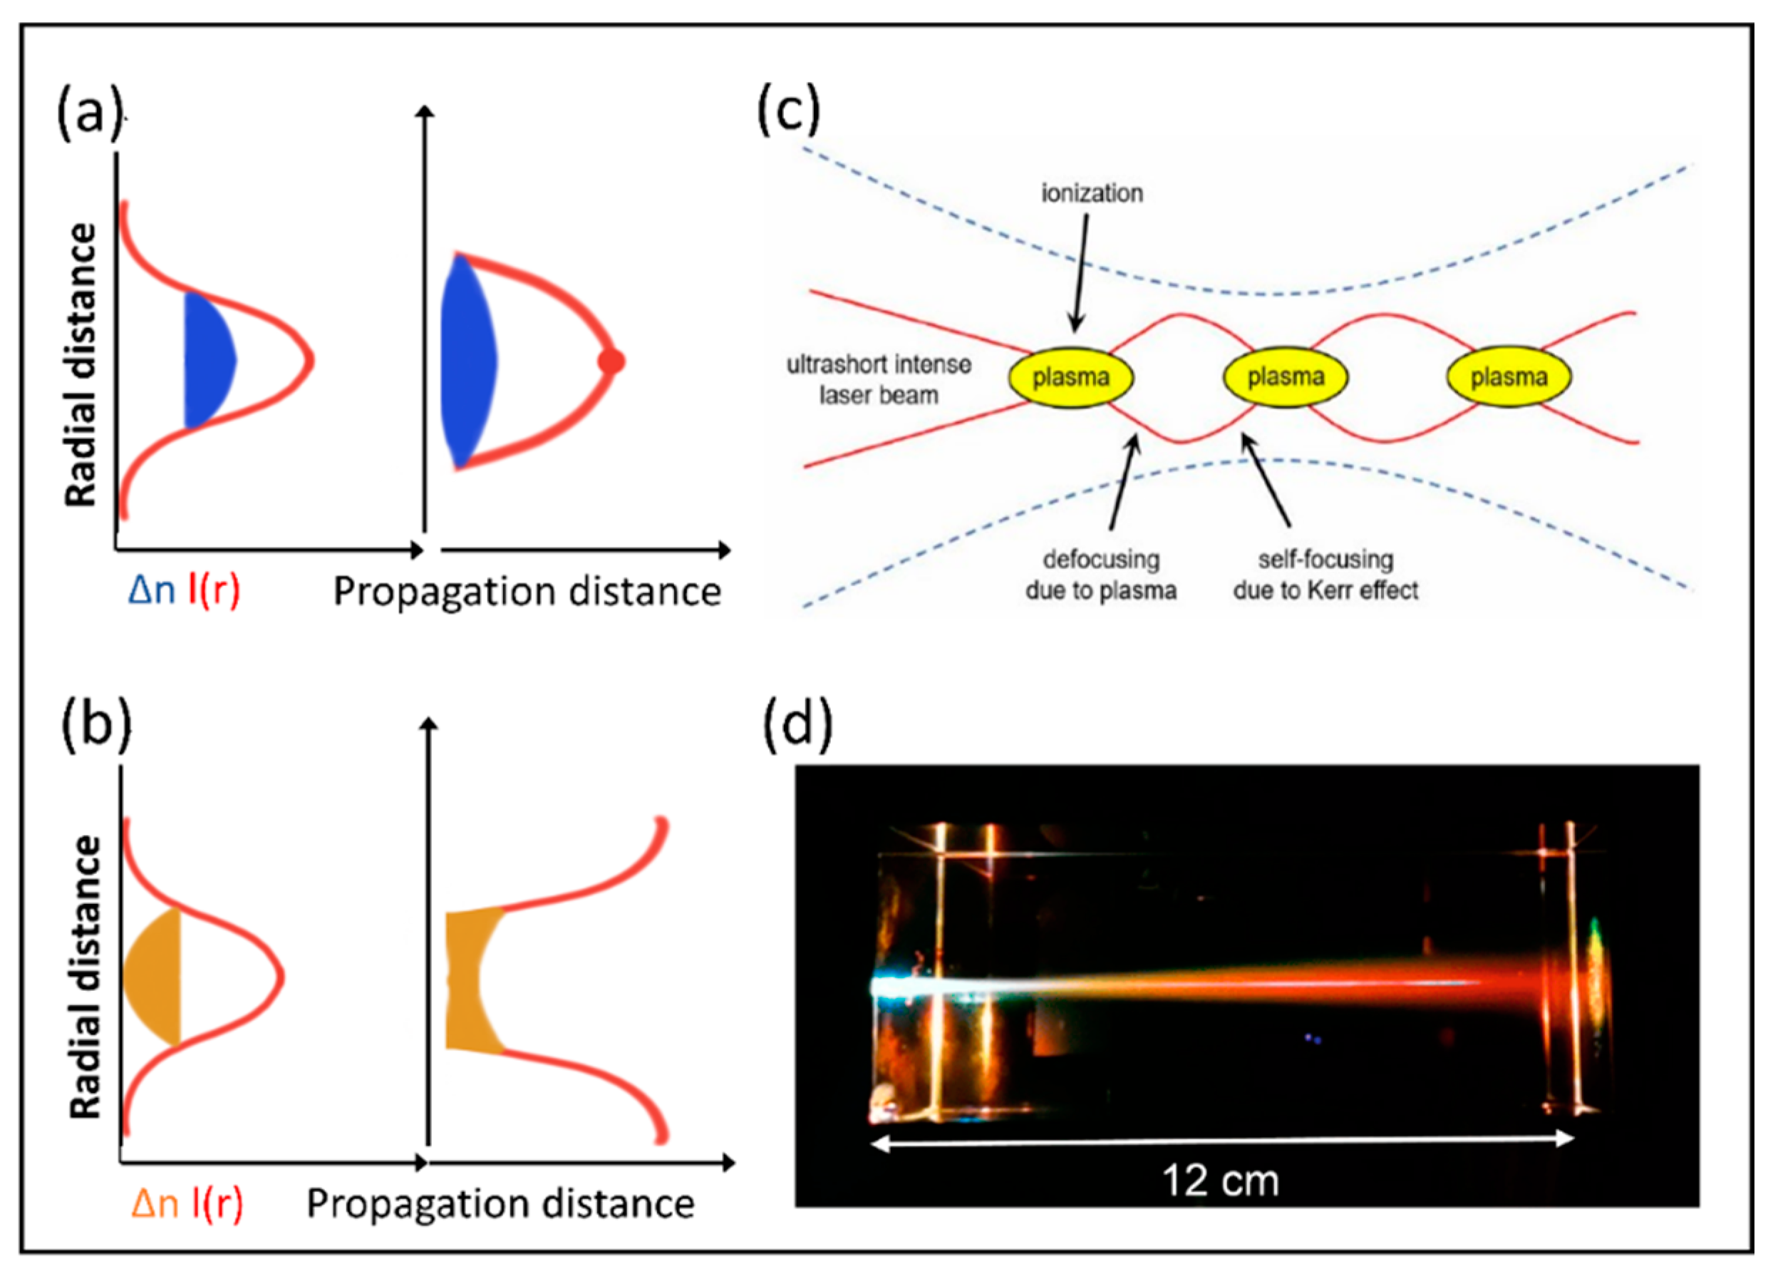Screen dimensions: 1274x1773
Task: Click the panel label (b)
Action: (95, 726)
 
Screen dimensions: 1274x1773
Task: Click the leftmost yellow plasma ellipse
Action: (1070, 377)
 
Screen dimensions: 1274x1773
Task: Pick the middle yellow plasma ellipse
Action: (1285, 377)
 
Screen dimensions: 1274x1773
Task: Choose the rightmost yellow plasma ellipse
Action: (1508, 377)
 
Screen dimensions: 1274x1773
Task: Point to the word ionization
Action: (1091, 193)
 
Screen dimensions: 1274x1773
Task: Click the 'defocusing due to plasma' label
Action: (1101, 574)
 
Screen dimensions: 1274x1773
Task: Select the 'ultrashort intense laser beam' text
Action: (879, 379)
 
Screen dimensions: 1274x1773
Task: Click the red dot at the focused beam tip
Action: (611, 361)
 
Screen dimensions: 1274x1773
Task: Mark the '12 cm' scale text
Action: (1220, 1180)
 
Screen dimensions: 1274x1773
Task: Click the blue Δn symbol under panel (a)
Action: (152, 591)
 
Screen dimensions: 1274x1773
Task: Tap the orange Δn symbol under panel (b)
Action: (155, 1203)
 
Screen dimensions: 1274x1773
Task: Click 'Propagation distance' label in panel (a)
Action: (527, 592)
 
